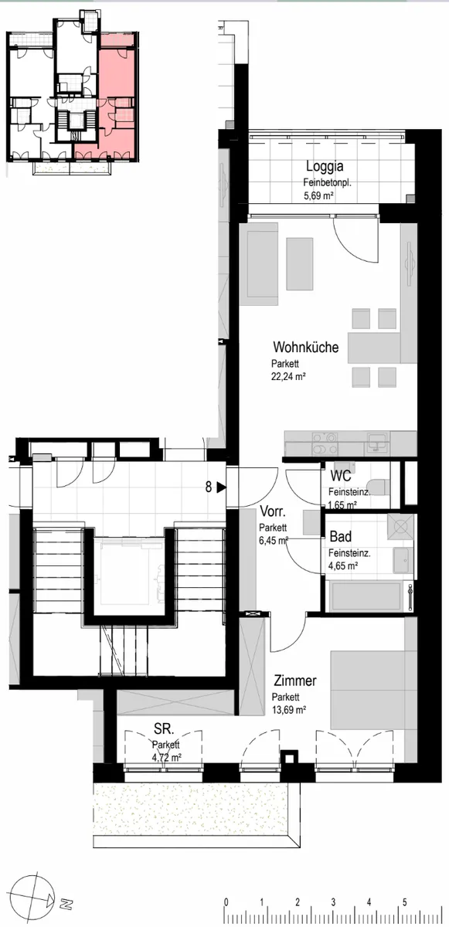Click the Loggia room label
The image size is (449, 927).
[x=325, y=166]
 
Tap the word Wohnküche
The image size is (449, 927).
[x=305, y=347]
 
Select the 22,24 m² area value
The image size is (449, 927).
[x=288, y=376]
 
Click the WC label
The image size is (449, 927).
[x=341, y=476]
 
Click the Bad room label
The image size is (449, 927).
[x=341, y=537]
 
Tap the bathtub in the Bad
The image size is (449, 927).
[x=366, y=596]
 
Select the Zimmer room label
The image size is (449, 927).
[x=295, y=681]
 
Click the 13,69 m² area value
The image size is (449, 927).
[x=289, y=710]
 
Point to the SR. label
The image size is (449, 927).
[x=164, y=728]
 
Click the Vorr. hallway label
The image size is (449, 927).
[x=273, y=512]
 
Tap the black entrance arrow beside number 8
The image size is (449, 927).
[x=221, y=487]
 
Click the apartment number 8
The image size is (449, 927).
[x=209, y=487]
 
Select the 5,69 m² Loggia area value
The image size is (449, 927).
[x=318, y=195]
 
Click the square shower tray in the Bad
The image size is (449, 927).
[x=400, y=526]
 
